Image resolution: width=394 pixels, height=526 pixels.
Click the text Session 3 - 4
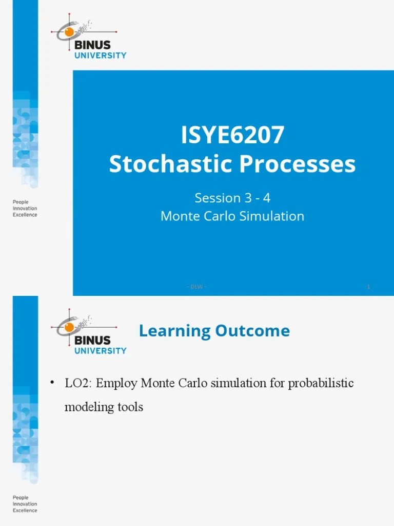point(232,198)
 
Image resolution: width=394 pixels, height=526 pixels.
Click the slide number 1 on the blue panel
point(368,287)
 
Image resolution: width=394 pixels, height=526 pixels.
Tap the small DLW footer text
point(196,287)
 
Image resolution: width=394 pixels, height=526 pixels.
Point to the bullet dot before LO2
point(52,383)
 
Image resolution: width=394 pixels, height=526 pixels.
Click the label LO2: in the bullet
point(78,383)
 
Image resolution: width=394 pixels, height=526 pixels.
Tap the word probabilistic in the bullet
point(322,383)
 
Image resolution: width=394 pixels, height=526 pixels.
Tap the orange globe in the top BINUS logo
point(69,33)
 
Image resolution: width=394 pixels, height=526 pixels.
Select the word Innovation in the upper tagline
point(25,209)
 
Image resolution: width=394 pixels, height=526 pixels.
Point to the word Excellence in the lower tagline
point(25,511)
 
